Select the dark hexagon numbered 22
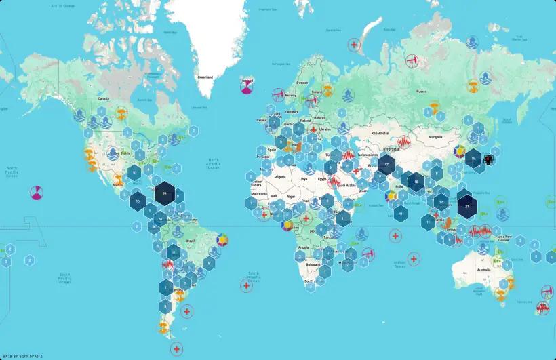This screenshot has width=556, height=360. tap(165, 194)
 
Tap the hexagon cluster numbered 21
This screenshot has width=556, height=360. tap(467, 205)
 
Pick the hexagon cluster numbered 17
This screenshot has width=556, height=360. tap(386, 165)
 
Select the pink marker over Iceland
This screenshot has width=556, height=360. tap(247, 85)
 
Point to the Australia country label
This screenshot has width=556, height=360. tap(483, 271)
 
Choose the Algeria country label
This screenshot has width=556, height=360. tap(279, 176)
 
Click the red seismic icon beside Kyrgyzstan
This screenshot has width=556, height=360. tap(404, 143)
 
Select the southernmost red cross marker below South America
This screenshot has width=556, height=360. tap(177, 349)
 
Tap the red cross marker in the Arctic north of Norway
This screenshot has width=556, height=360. tap(353, 45)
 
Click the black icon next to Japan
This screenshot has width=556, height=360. tap(489, 160)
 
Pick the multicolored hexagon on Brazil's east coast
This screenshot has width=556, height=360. tap(221, 240)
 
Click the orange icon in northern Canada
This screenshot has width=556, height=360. tap(122, 111)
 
